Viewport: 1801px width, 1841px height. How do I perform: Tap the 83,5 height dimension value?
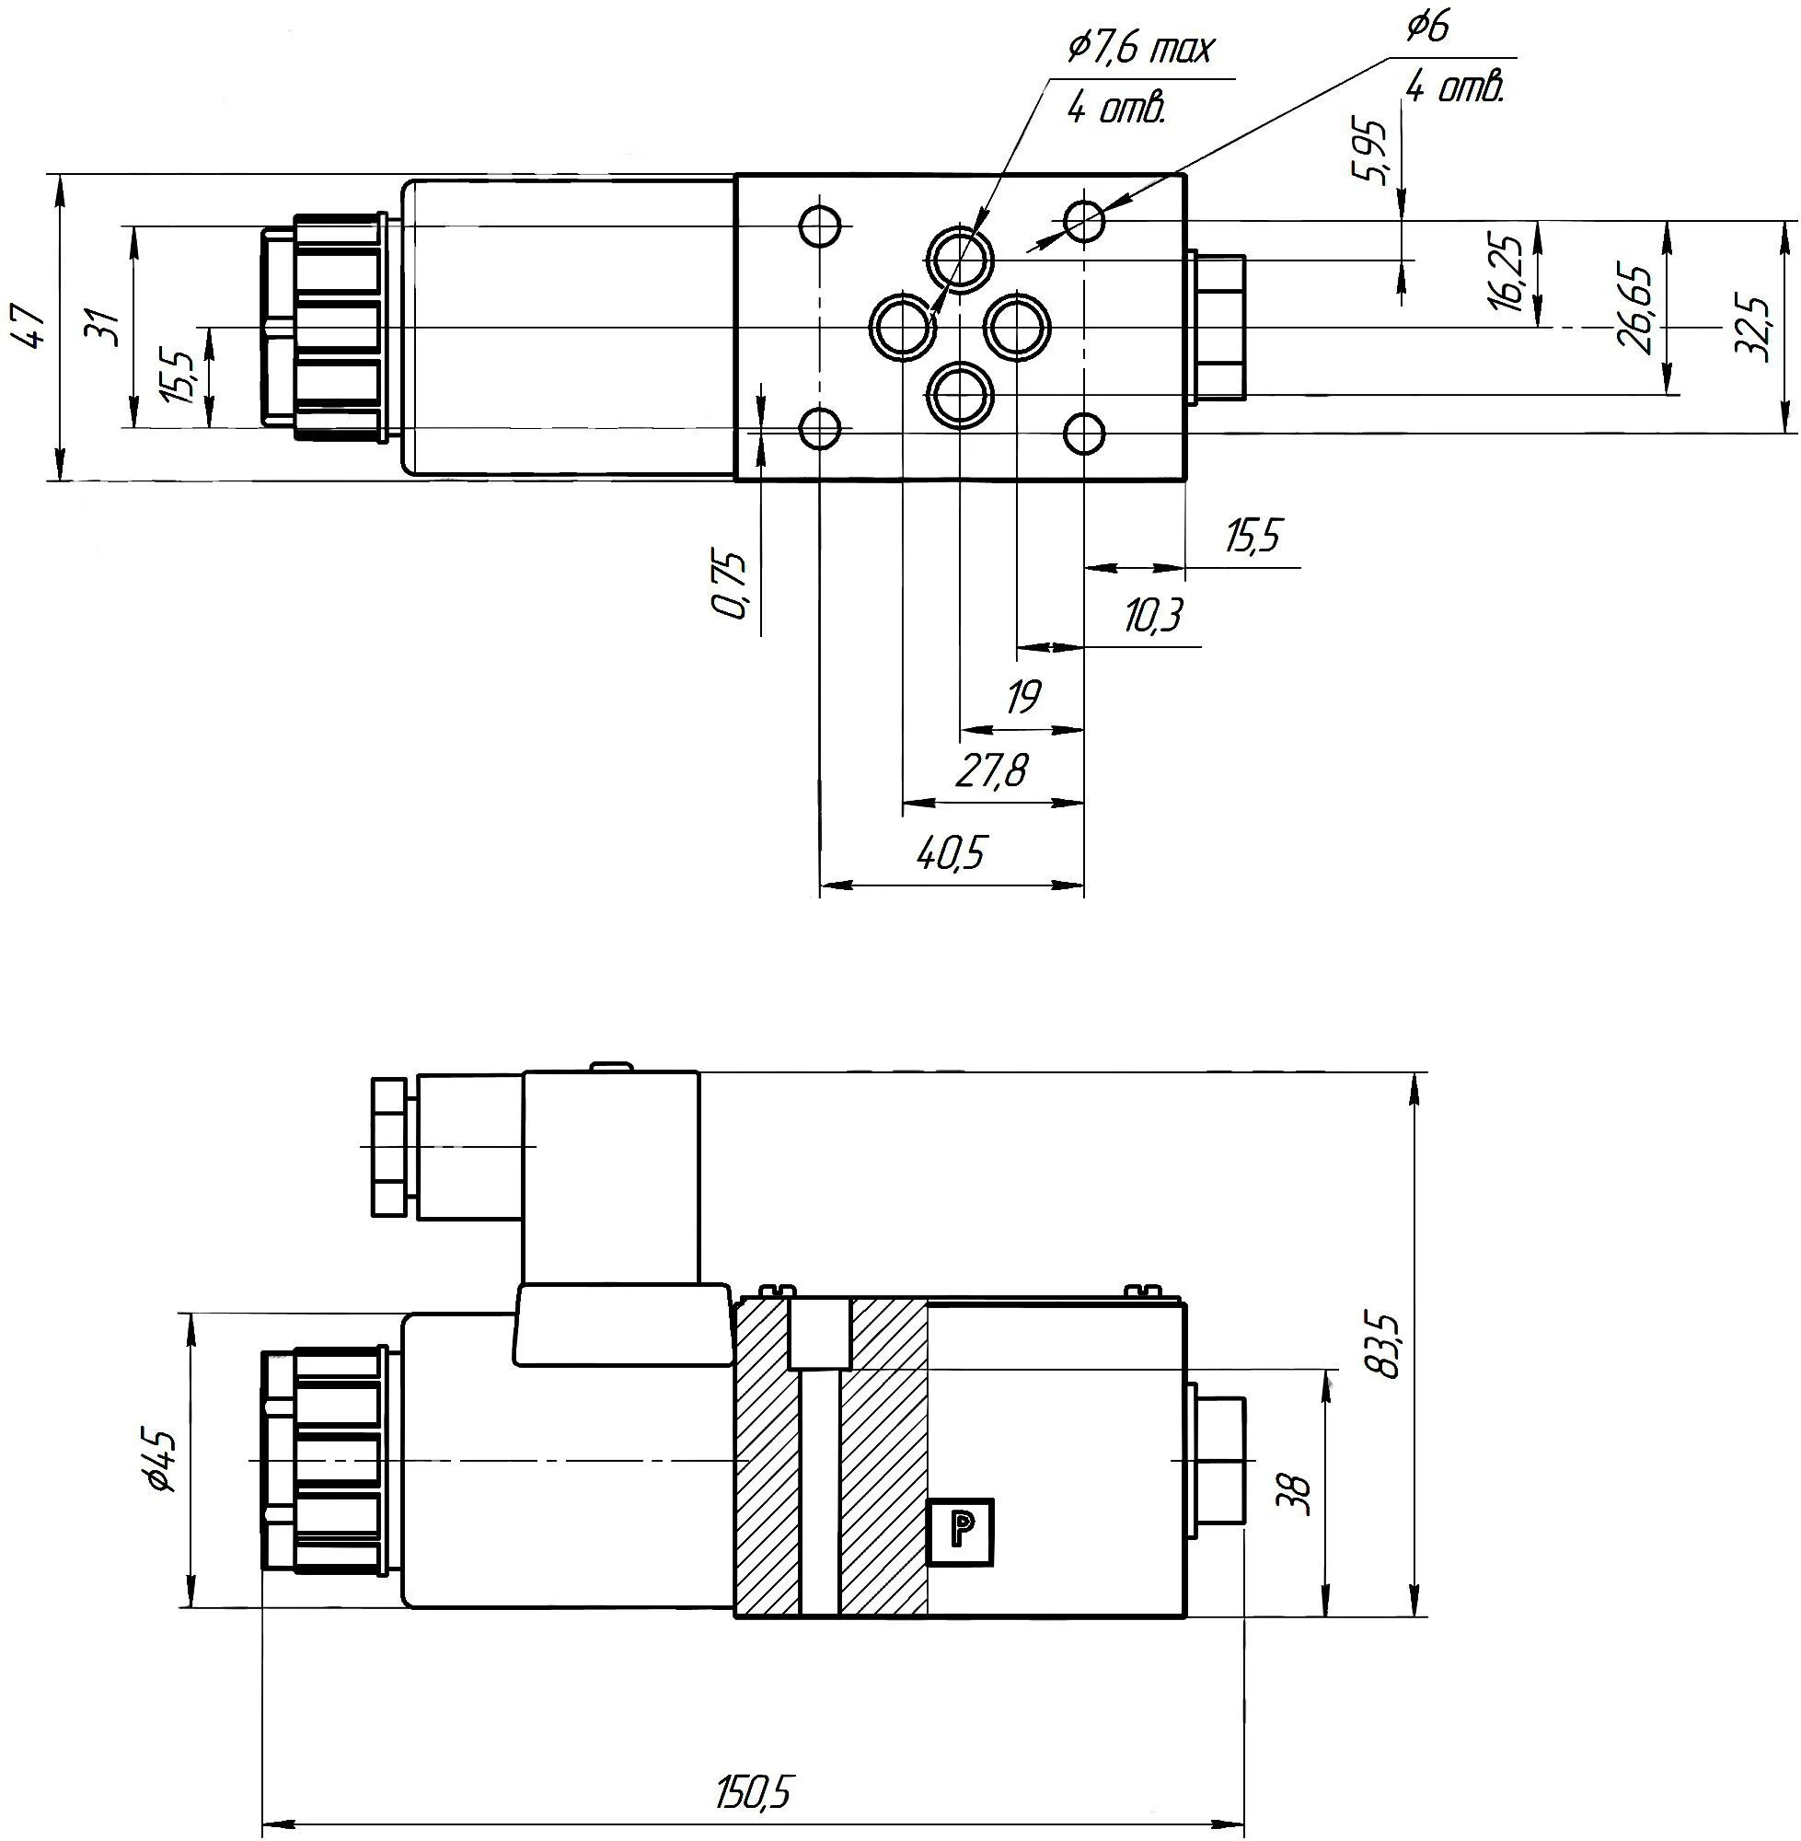coord(1388,1344)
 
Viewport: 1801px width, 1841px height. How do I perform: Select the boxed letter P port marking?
coord(960,1531)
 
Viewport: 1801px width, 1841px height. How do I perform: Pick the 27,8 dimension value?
coord(989,772)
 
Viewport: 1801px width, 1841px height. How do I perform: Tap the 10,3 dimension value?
coord(1153,617)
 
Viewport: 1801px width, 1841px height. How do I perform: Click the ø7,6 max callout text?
coord(1139,49)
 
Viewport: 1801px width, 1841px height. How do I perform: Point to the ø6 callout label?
coord(1427,28)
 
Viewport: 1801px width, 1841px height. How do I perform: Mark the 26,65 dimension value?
coord(1636,308)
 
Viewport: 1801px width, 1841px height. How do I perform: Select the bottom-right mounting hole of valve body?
coord(1084,434)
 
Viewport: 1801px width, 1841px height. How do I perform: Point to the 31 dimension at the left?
coord(107,328)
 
